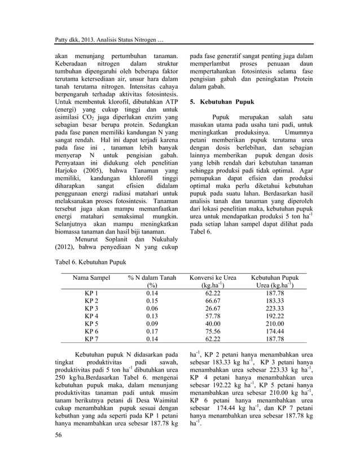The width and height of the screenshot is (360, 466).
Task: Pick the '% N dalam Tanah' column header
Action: pyautogui.click(x=152, y=278)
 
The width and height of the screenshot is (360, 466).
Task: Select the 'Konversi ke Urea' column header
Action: pyautogui.click(x=213, y=278)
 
